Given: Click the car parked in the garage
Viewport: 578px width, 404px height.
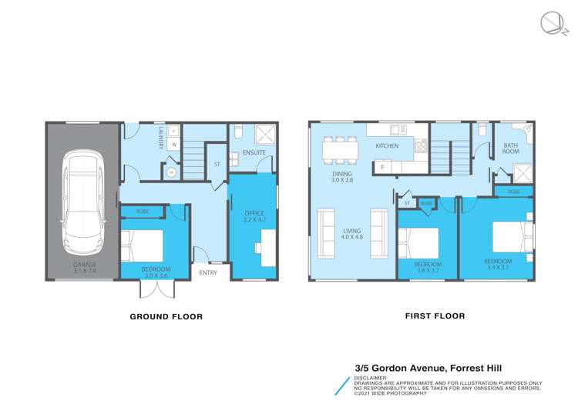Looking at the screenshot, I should click(x=82, y=197).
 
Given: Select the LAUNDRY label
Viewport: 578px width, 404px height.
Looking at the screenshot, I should click(x=161, y=139).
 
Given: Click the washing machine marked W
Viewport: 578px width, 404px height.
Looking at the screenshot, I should click(x=173, y=144).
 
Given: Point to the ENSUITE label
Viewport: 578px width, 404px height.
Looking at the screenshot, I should click(x=254, y=153).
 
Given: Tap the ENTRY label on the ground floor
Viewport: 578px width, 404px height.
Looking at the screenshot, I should click(x=208, y=272).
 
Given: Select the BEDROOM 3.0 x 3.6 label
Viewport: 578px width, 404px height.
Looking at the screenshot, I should click(x=156, y=271).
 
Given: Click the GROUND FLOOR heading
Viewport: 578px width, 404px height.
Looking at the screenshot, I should click(x=166, y=316).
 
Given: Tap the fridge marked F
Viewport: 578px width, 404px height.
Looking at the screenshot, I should click(x=382, y=166).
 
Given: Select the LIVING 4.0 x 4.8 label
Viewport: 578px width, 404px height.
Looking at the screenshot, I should click(x=351, y=233).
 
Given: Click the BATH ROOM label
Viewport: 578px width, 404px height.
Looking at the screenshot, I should click(x=511, y=148).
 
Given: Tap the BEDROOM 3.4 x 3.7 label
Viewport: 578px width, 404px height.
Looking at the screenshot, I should click(x=497, y=264).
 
